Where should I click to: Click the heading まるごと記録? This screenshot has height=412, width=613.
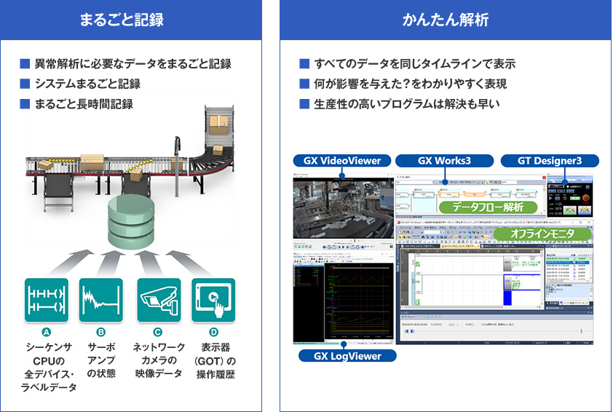click(131, 20)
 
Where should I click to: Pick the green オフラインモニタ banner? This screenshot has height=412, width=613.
click(533, 233)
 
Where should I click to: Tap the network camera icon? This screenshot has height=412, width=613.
click(159, 299)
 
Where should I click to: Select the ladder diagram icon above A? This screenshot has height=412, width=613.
click(46, 299)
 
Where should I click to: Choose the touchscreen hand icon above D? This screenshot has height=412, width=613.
click(213, 299)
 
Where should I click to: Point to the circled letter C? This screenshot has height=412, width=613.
click(158, 332)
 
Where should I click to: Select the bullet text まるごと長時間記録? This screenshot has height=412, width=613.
click(84, 103)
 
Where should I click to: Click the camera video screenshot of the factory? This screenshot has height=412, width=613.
click(343, 207)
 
